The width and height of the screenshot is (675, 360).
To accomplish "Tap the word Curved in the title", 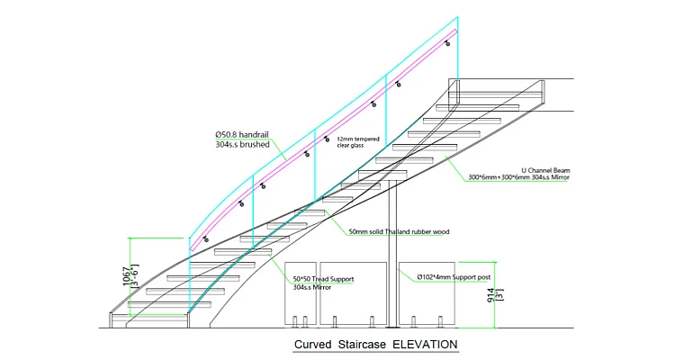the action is [x=312, y=345].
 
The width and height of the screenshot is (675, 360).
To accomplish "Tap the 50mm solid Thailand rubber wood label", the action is [x=399, y=231].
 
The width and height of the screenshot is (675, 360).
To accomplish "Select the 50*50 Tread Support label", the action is [x=323, y=278].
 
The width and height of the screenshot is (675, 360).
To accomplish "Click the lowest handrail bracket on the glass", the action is [x=207, y=239].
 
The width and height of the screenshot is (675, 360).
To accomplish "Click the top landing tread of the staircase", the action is [x=499, y=90].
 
